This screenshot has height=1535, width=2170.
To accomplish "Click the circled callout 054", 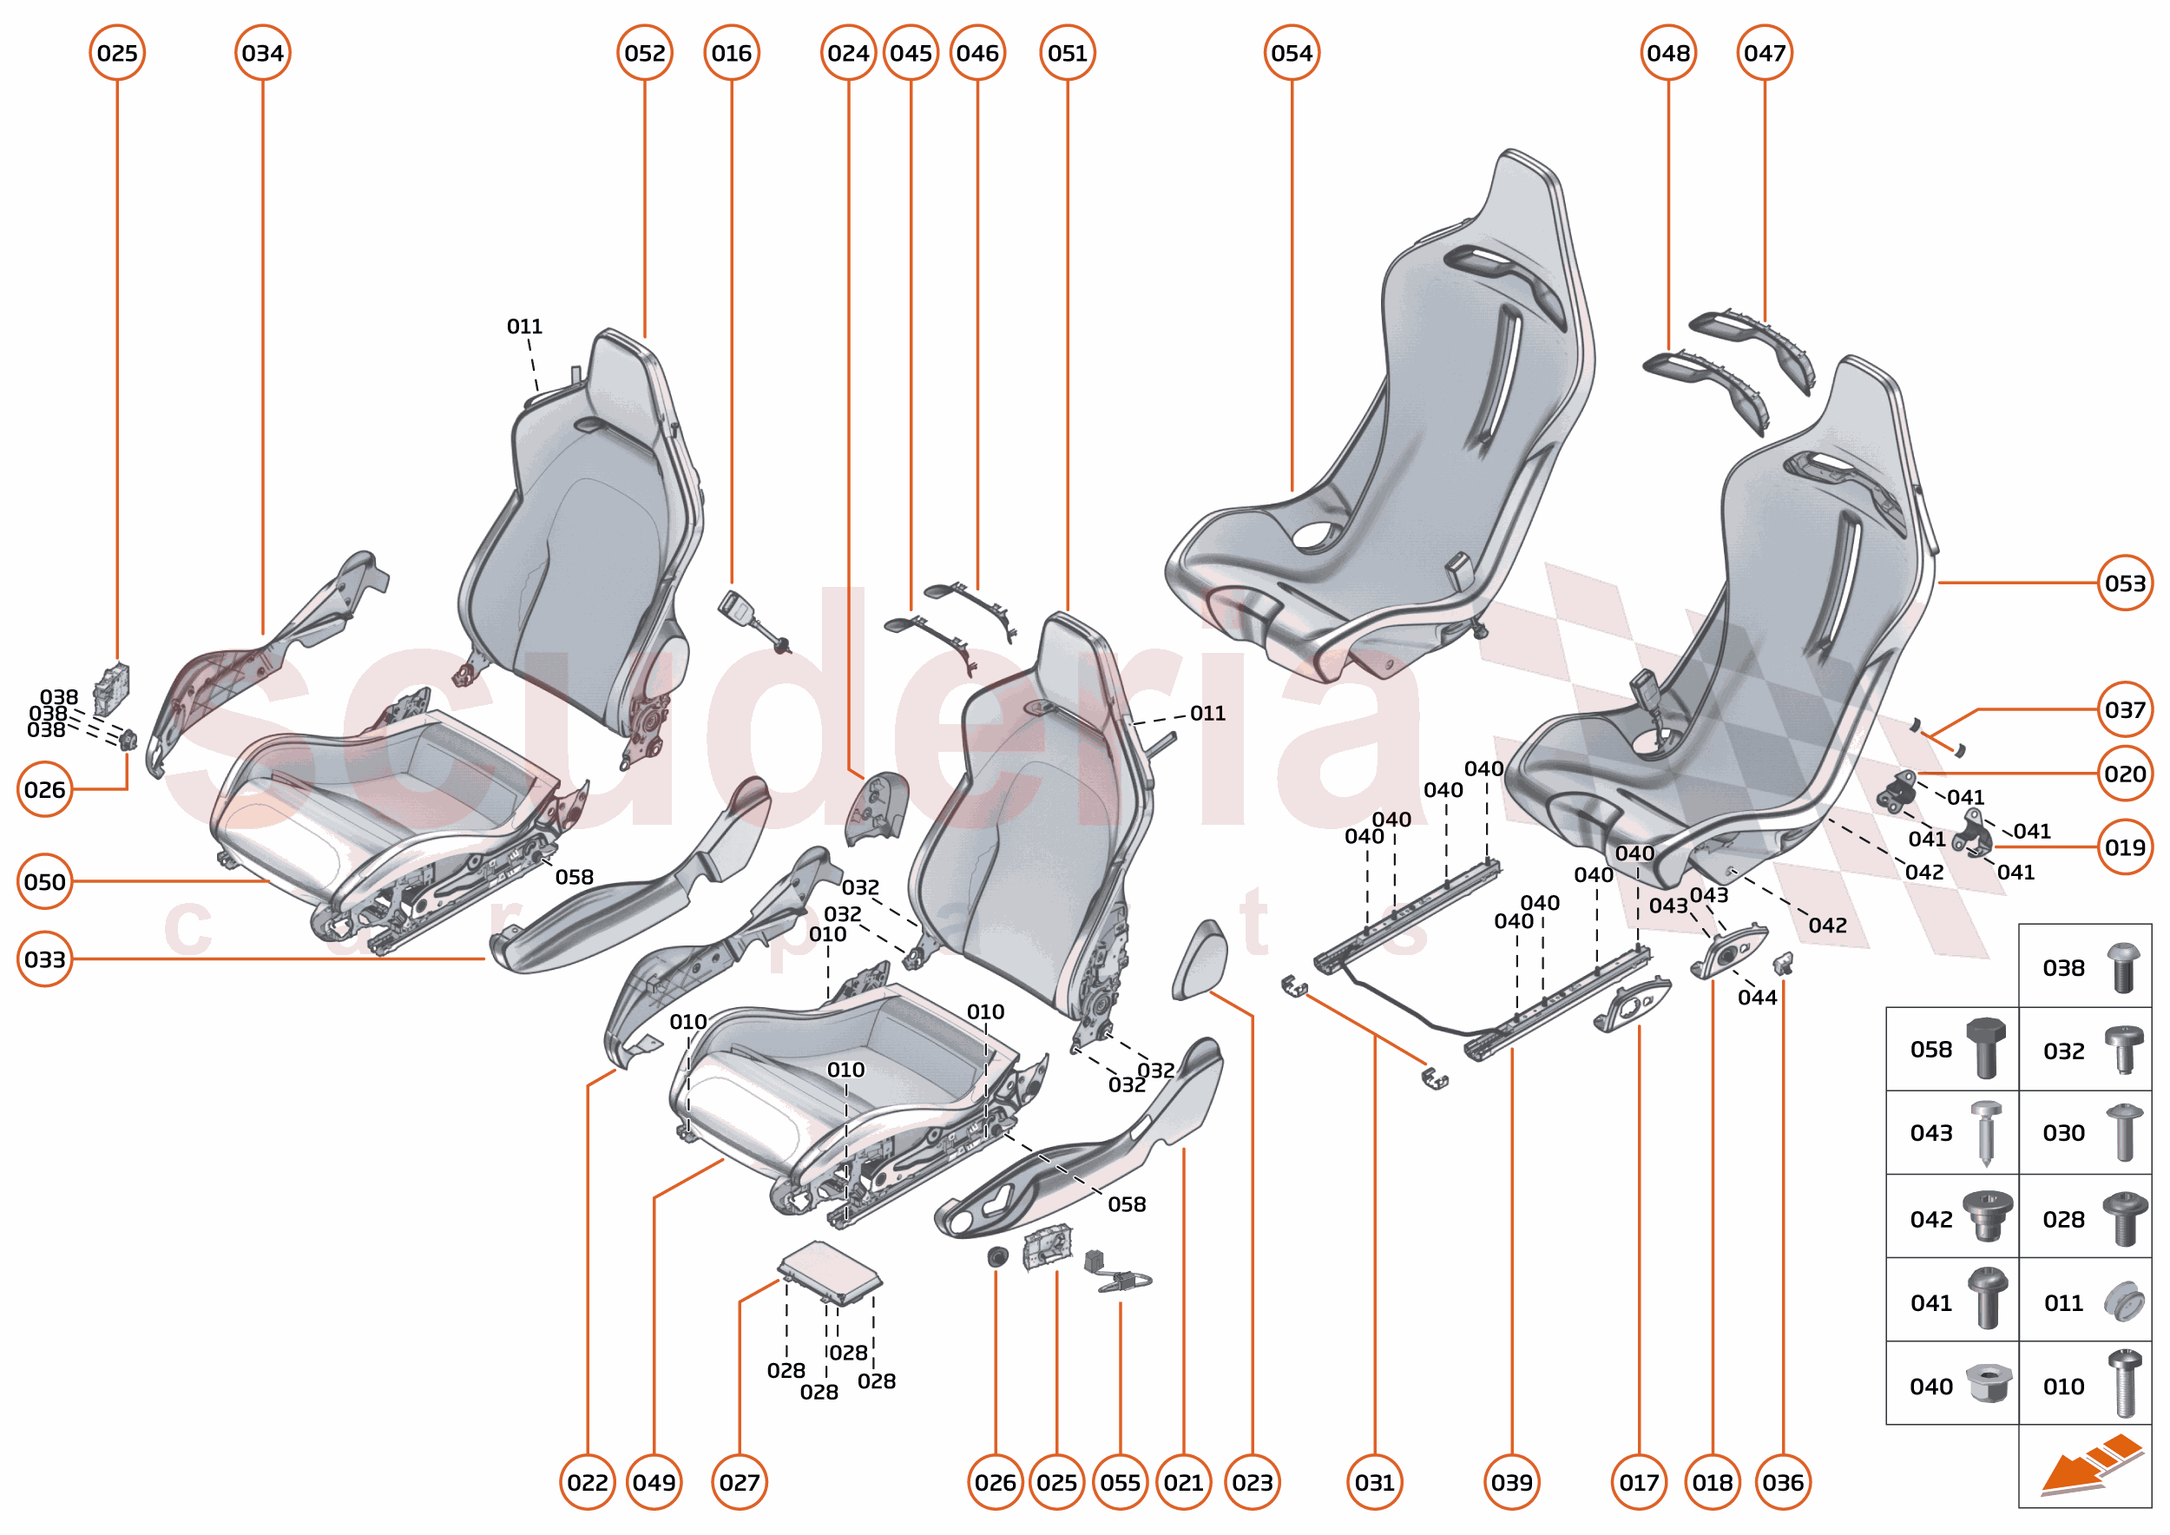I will pyautogui.click(x=1291, y=53).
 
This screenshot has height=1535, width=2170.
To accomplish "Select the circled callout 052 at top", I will pyautogui.click(x=645, y=53).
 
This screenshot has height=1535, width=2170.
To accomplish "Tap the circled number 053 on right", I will pyautogui.click(x=2125, y=583).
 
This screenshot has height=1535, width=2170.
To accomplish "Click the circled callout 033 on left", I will pyautogui.click(x=44, y=959).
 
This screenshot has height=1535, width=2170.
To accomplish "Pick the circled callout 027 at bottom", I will pyautogui.click(x=739, y=1482).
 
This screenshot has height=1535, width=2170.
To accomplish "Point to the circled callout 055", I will pyautogui.click(x=1120, y=1482).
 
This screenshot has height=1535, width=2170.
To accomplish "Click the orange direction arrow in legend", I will pyautogui.click(x=2088, y=1465).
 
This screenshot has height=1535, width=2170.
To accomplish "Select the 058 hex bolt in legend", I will pyautogui.click(x=1985, y=1048).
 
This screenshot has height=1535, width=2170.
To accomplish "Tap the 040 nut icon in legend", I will pyautogui.click(x=1988, y=1385).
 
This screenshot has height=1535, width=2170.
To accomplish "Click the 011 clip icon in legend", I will pyautogui.click(x=2123, y=1302).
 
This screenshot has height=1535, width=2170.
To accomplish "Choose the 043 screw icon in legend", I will pyautogui.click(x=1987, y=1131).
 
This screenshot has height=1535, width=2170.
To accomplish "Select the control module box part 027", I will pyautogui.click(x=830, y=1272).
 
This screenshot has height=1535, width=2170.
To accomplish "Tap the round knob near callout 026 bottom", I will pyautogui.click(x=996, y=1257).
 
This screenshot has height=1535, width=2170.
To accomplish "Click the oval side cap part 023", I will pyautogui.click(x=1200, y=959).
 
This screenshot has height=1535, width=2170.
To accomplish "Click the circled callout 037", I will pyautogui.click(x=2125, y=709).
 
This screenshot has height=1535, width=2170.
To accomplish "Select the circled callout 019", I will pyautogui.click(x=2125, y=847).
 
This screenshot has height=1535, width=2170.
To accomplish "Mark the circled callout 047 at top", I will pyautogui.click(x=1765, y=53).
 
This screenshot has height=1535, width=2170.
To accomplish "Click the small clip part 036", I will pyautogui.click(x=1784, y=964).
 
